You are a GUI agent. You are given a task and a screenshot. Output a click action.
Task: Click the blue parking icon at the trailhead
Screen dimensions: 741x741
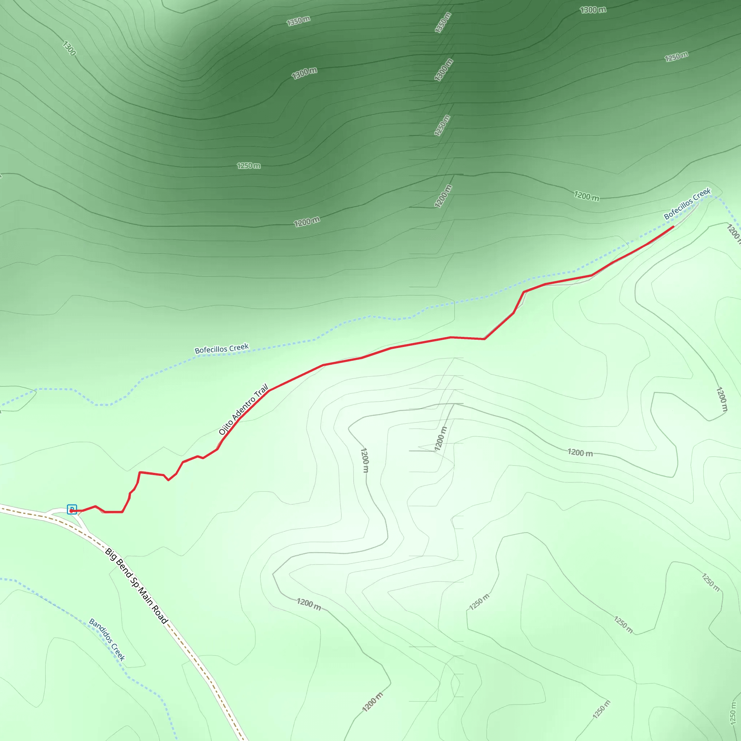(72, 509)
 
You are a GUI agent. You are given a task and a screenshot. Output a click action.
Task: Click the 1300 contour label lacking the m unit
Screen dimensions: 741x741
(69, 48)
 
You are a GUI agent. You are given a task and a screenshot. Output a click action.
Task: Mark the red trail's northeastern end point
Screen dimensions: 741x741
(673, 226)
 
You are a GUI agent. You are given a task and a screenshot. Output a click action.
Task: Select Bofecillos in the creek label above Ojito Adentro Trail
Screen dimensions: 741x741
(211, 350)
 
